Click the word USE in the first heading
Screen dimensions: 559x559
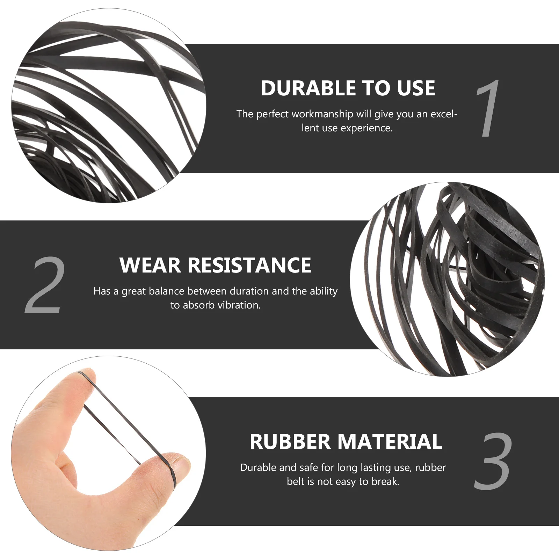(416, 88)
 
